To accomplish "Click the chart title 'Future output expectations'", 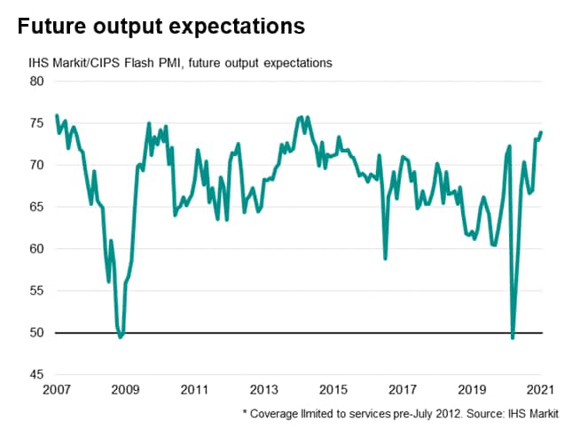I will (161, 27).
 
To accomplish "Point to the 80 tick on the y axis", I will (37, 82).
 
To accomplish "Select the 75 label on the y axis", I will (37, 123).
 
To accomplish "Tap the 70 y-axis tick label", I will (37, 165).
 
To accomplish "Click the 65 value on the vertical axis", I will (37, 207).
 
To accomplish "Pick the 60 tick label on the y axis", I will (37, 249).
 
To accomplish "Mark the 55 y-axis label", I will (37, 291).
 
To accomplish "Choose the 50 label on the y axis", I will (37, 333).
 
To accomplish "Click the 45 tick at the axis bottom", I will (37, 375).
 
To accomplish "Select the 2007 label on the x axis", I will (56, 389).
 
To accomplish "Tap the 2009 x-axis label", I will (125, 389).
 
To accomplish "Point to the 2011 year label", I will (194, 389).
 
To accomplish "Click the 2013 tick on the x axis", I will (263, 389).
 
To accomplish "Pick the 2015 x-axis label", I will (333, 389).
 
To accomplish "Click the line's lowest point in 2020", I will (513, 338).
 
